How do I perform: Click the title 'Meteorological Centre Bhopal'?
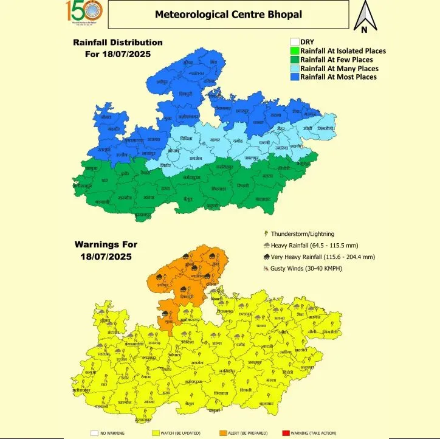point(229,14)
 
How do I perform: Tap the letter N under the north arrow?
point(364,29)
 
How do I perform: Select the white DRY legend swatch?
point(295,42)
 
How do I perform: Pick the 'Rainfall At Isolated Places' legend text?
point(343,51)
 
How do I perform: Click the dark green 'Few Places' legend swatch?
point(295,60)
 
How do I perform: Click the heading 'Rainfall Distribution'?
point(118,43)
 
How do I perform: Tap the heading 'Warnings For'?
point(106,244)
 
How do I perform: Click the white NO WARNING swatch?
point(94,433)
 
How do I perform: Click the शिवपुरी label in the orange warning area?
point(188,296)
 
